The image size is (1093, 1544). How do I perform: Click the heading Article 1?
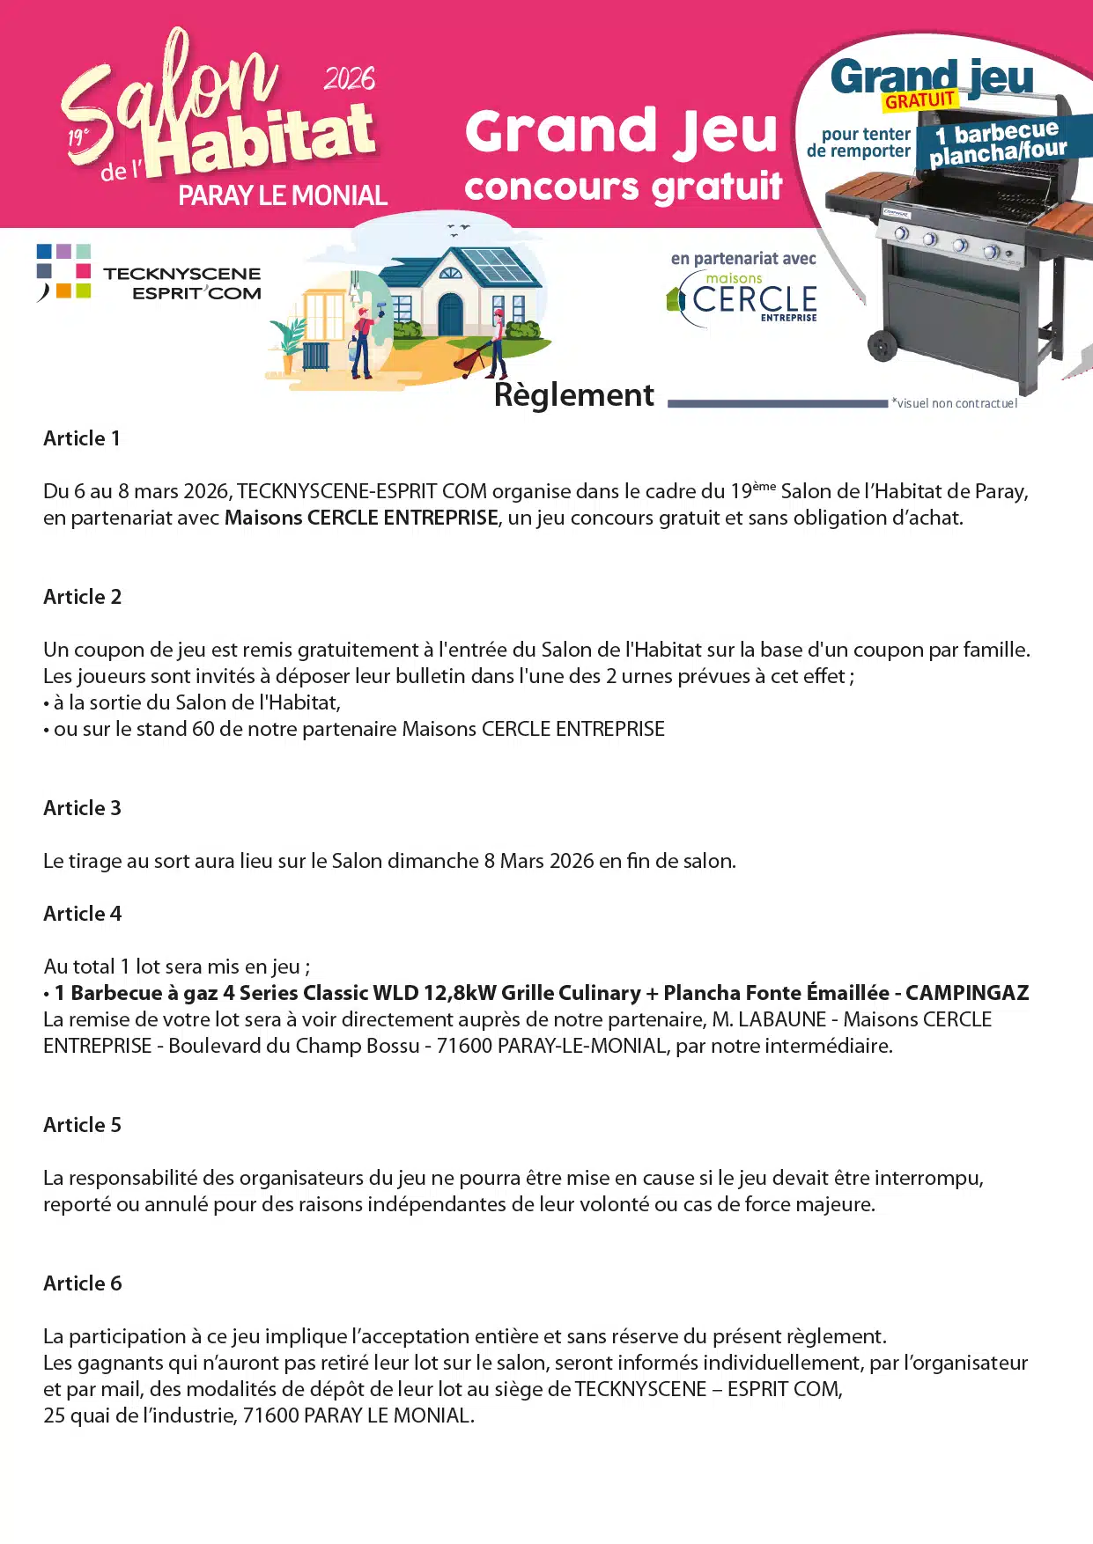(x=82, y=438)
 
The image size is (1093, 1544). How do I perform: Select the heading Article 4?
(x=83, y=914)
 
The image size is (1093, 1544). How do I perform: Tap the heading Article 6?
(x=83, y=1283)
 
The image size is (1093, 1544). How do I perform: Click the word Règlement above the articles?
(x=574, y=395)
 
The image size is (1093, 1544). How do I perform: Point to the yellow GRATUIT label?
(x=919, y=100)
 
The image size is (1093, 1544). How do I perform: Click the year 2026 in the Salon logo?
(x=349, y=79)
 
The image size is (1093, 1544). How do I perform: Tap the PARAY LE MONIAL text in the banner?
(x=283, y=195)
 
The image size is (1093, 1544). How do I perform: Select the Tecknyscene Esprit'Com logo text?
(x=182, y=283)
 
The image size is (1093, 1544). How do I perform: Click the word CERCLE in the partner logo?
(x=755, y=299)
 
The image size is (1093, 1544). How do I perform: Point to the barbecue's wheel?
(x=882, y=345)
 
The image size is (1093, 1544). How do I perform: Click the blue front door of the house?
(x=450, y=314)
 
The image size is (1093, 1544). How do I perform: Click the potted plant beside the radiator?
(x=288, y=339)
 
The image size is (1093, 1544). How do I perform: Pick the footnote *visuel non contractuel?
(x=954, y=403)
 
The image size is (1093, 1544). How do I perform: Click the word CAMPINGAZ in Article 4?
(x=967, y=993)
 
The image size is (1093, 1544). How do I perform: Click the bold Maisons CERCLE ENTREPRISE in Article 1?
(x=361, y=518)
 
